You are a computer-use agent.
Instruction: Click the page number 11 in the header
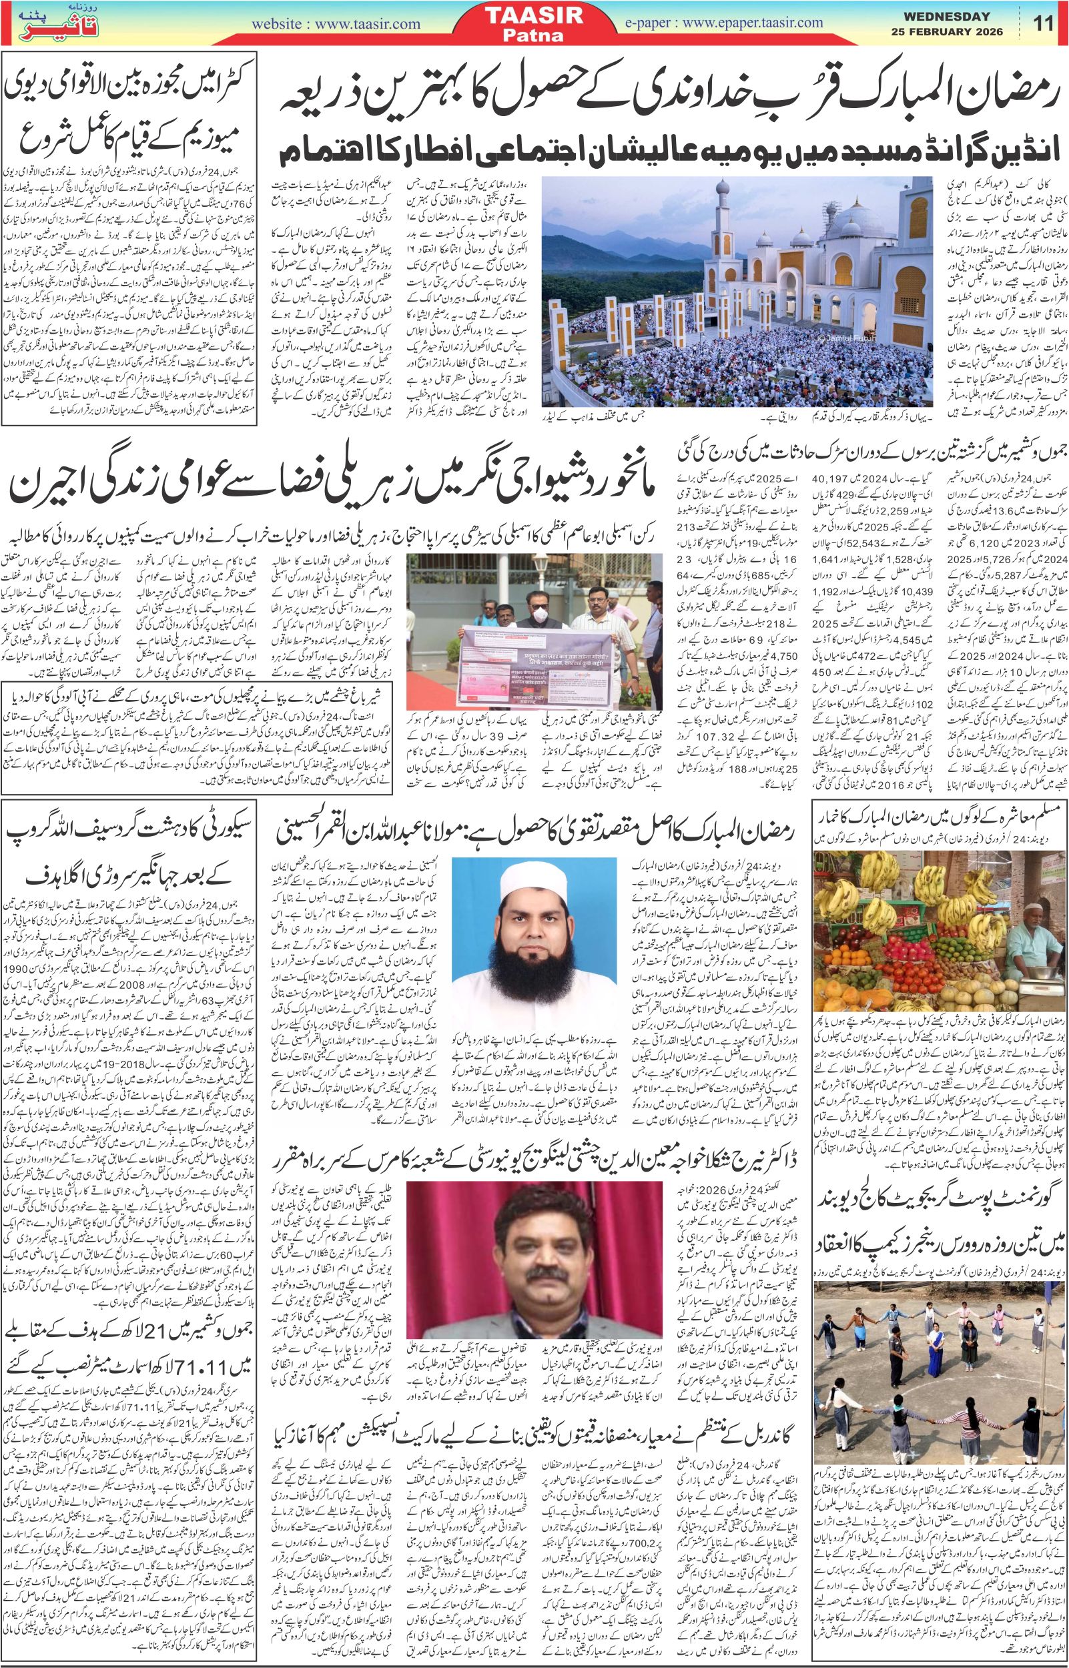click(x=1044, y=23)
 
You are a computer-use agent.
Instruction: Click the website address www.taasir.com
click(x=337, y=24)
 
